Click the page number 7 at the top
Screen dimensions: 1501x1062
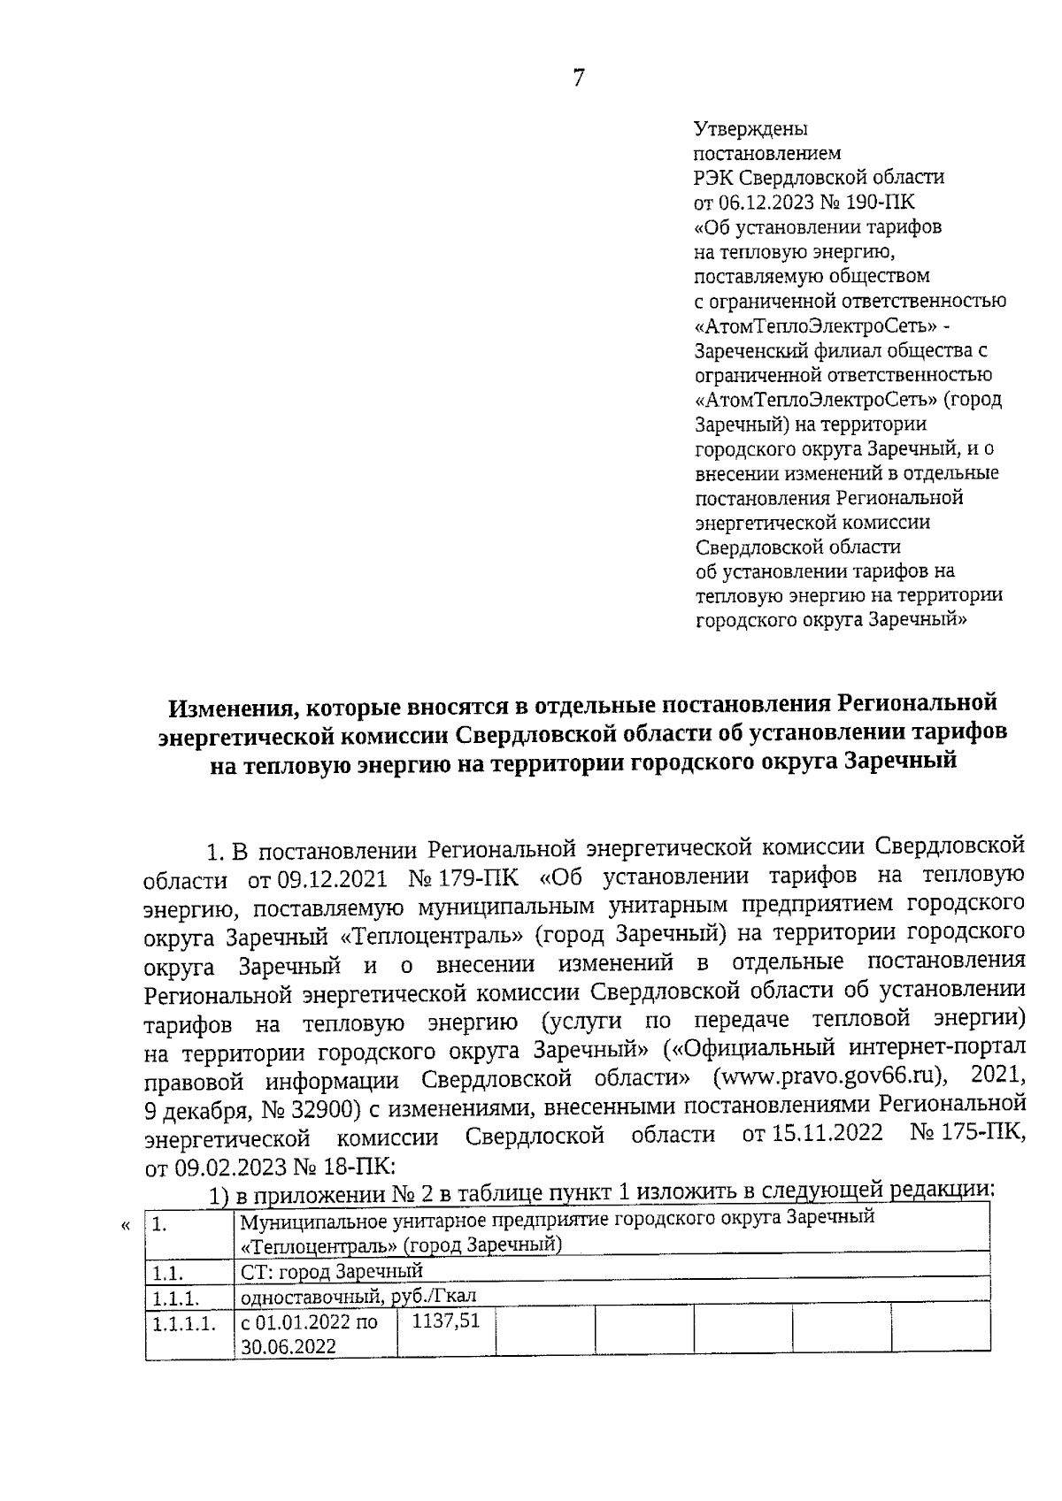click(x=578, y=79)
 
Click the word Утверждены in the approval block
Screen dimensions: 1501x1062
click(x=750, y=128)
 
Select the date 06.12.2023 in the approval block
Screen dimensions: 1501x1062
click(x=769, y=203)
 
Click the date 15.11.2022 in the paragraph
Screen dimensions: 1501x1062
click(x=812, y=1134)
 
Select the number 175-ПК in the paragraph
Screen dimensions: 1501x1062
click(x=978, y=1134)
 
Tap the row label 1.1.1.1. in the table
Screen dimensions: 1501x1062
click(x=183, y=1324)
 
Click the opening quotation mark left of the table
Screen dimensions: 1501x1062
click(x=125, y=1225)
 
